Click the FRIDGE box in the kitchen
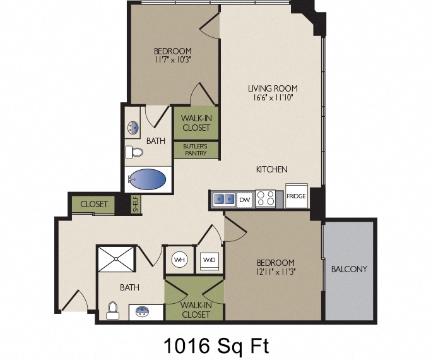(x=297, y=196)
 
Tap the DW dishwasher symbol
(x=244, y=200)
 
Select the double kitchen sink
(x=224, y=199)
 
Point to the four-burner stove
(x=265, y=198)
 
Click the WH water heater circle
(x=179, y=260)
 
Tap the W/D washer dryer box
(x=209, y=261)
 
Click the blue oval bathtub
(x=148, y=179)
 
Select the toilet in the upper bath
(x=134, y=152)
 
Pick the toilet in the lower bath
(x=112, y=311)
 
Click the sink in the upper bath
(x=133, y=128)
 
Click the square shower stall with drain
(x=116, y=259)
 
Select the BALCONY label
(x=349, y=269)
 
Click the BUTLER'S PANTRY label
(x=196, y=150)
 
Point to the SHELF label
(x=136, y=204)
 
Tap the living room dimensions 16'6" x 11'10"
(x=273, y=97)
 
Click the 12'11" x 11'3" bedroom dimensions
(x=276, y=272)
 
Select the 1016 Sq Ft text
(x=216, y=346)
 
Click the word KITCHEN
(x=272, y=169)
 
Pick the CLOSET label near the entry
(x=94, y=204)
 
